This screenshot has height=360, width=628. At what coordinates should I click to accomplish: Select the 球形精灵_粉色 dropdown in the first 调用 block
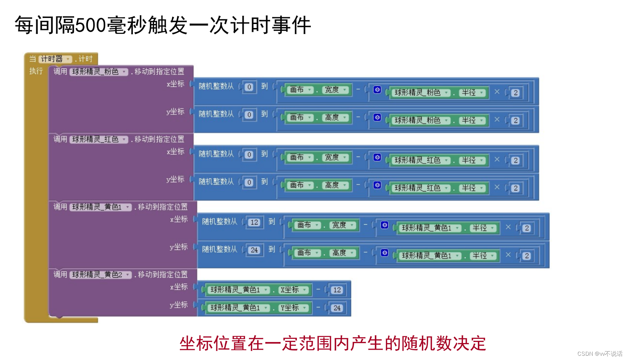coord(99,72)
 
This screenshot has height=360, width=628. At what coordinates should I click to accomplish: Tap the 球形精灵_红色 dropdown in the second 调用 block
coord(99,140)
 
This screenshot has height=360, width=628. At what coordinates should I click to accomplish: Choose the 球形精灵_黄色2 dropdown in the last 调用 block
coord(101,275)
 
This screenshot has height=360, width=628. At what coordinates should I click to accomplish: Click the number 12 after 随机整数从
coord(254,223)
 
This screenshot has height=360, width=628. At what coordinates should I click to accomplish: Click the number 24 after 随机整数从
coord(254,250)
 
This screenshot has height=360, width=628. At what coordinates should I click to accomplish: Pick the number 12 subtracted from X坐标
coord(337,290)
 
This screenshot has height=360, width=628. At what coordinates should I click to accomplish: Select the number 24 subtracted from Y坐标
coord(337,308)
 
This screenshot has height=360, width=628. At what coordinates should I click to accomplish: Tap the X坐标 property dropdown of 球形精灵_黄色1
coord(293,290)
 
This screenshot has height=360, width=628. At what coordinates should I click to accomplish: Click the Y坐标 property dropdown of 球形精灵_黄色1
coord(293,308)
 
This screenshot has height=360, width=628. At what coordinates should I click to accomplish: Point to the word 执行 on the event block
coord(36,71)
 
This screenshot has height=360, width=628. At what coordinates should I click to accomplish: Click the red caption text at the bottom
coord(333,343)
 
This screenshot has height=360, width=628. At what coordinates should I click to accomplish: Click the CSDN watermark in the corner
coord(600,354)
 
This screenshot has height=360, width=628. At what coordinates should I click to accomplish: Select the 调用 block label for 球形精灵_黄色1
coord(60,207)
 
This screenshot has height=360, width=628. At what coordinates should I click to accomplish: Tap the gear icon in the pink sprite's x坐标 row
coord(377,90)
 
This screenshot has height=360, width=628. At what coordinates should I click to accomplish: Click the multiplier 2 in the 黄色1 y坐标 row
coord(527,256)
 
